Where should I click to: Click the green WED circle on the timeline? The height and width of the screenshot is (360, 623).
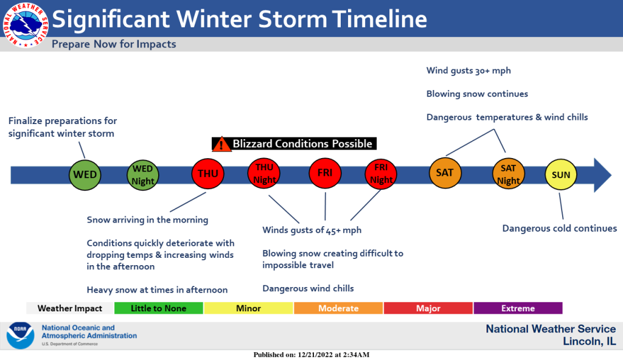(x=85, y=175)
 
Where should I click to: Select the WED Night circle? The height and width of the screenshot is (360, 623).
(x=142, y=175)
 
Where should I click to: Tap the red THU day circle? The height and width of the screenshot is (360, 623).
(x=208, y=173)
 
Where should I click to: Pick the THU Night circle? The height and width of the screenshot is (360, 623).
(x=264, y=173)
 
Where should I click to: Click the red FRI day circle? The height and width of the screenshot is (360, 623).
(x=325, y=173)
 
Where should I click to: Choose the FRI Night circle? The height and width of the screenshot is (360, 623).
(x=381, y=174)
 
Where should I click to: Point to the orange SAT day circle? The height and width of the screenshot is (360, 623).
(x=445, y=173)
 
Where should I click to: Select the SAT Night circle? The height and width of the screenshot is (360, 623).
(x=508, y=174)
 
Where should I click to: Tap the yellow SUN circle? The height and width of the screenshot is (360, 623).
(x=560, y=175)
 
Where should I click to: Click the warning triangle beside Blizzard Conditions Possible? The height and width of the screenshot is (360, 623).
(x=221, y=145)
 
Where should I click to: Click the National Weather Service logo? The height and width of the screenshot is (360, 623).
(x=26, y=25)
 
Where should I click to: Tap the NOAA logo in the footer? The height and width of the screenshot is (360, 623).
(x=20, y=336)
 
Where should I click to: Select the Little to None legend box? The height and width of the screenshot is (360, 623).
(x=159, y=308)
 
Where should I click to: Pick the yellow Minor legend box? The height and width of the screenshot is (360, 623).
(x=249, y=308)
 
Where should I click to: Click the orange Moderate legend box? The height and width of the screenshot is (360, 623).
(x=338, y=308)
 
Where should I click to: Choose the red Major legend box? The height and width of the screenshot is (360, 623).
(x=428, y=308)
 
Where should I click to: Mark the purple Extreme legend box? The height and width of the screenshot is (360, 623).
(x=518, y=308)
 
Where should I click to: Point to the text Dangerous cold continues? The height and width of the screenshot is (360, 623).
(x=560, y=229)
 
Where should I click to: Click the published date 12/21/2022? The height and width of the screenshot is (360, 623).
(x=315, y=355)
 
